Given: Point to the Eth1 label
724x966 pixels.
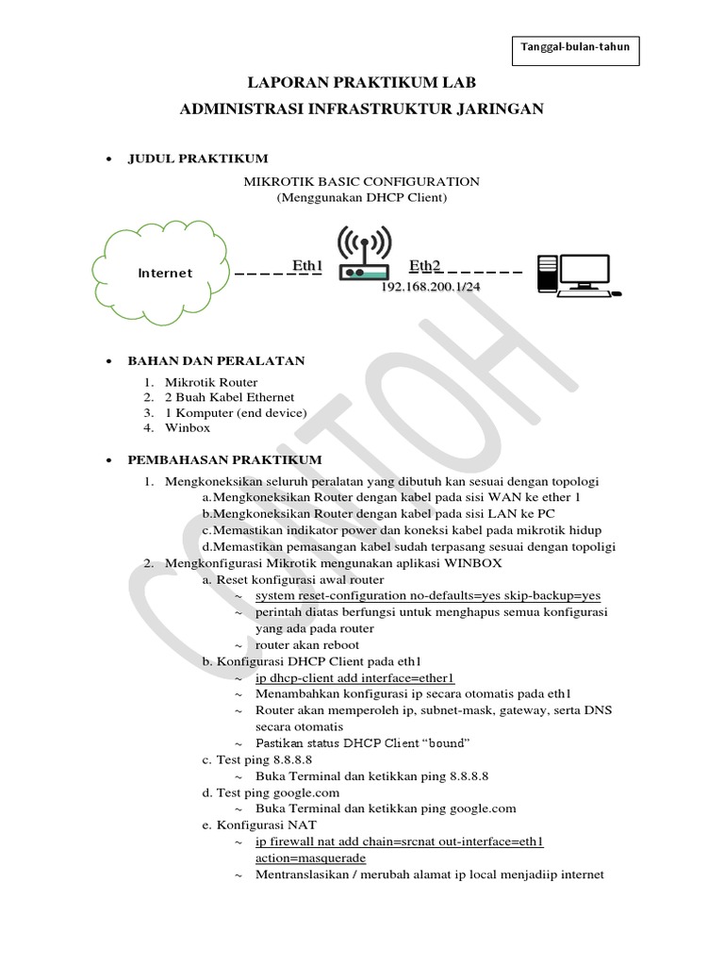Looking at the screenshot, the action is click(x=307, y=267).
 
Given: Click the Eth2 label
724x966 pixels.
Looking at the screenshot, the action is click(x=425, y=267).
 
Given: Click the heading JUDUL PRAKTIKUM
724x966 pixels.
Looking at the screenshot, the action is click(x=198, y=158).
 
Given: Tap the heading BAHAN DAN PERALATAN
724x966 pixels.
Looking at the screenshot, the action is click(x=216, y=361).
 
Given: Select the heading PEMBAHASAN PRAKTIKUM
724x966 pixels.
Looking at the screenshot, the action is click(x=225, y=459).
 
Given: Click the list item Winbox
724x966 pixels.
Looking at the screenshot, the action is click(x=187, y=427).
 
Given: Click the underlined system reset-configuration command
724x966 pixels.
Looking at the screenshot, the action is click(x=427, y=596).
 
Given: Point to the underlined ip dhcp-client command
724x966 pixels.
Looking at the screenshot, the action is click(x=355, y=677).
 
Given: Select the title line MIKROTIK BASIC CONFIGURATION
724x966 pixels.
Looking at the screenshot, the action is click(x=362, y=181).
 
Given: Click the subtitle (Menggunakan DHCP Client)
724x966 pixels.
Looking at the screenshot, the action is click(x=362, y=198).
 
